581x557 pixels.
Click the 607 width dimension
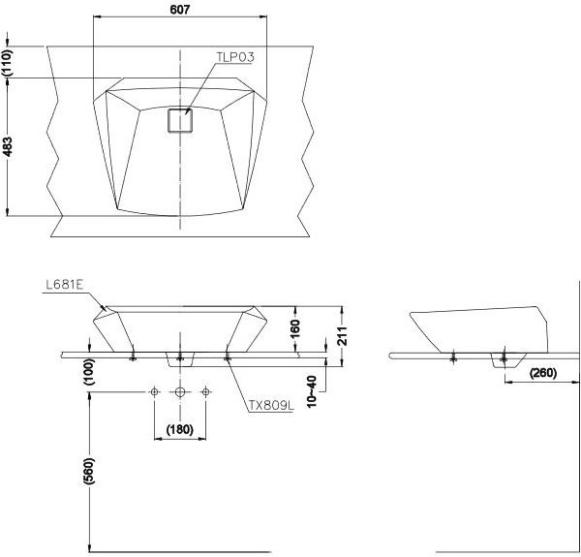point(180,10)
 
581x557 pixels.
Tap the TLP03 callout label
point(235,57)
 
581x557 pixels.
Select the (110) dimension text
point(7,63)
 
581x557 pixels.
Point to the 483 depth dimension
point(7,146)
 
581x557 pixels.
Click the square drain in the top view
point(180,120)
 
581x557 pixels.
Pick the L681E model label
point(65,285)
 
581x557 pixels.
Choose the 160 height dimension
point(294,328)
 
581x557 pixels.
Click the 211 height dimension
point(343,336)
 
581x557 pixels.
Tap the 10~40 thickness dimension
point(312,391)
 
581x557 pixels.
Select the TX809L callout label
point(271,406)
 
